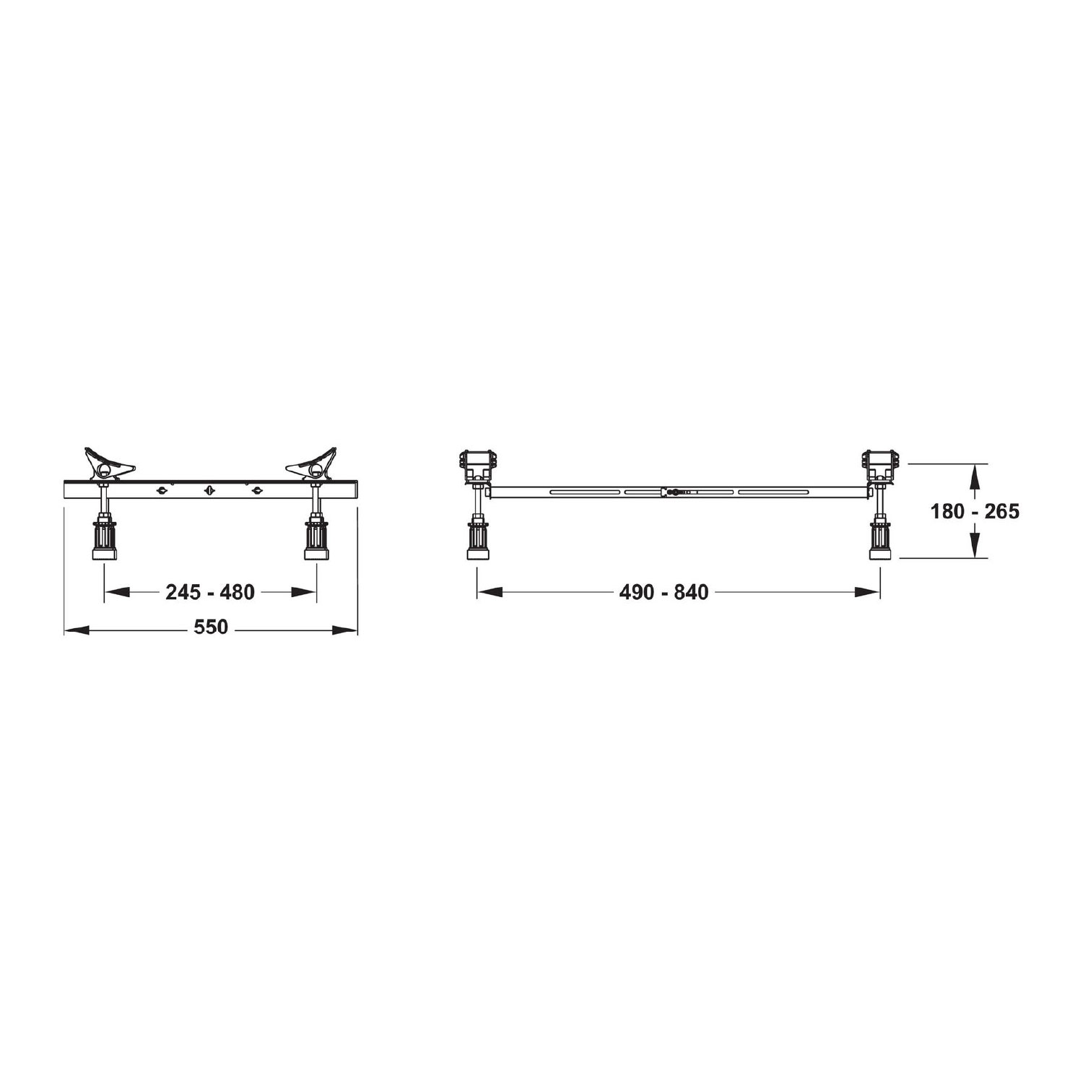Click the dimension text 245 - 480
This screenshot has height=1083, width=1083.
[210, 592]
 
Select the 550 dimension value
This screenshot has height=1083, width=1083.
[211, 627]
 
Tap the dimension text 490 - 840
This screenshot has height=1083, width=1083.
[664, 592]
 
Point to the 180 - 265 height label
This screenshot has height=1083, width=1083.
[975, 511]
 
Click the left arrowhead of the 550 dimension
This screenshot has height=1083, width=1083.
[76, 630]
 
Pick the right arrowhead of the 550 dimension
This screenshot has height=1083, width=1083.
[345, 630]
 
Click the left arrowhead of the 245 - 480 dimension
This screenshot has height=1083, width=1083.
[117, 592]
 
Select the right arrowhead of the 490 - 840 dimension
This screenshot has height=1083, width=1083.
[868, 592]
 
